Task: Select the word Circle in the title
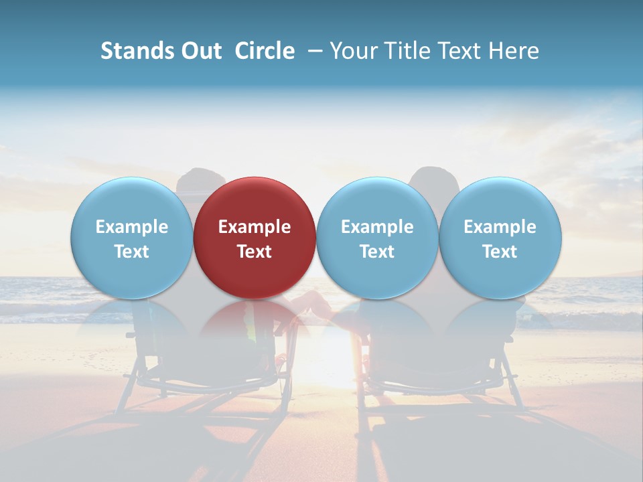265,51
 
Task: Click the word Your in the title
350,51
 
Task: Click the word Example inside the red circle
255,227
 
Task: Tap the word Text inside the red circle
255,252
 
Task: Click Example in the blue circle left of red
132,227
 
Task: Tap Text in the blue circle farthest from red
500,252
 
